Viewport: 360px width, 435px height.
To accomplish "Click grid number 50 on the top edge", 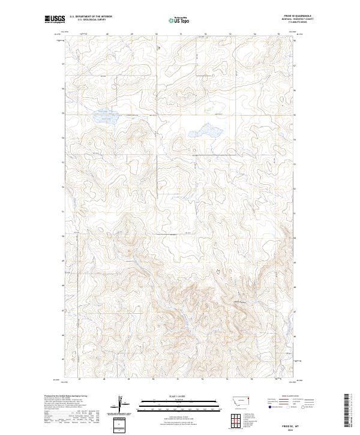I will click(156, 34).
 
